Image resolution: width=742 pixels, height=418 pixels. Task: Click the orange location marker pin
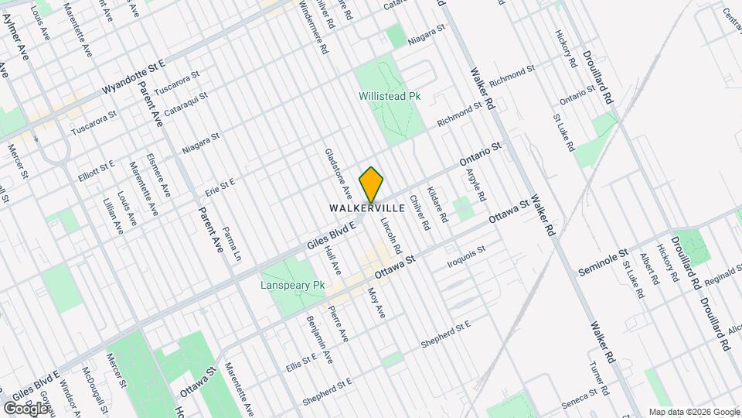[371, 184]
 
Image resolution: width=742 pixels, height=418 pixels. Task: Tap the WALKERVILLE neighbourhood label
[367, 209]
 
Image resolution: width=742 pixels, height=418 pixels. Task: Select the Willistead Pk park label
[390, 97]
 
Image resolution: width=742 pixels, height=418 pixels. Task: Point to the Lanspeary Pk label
[293, 286]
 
